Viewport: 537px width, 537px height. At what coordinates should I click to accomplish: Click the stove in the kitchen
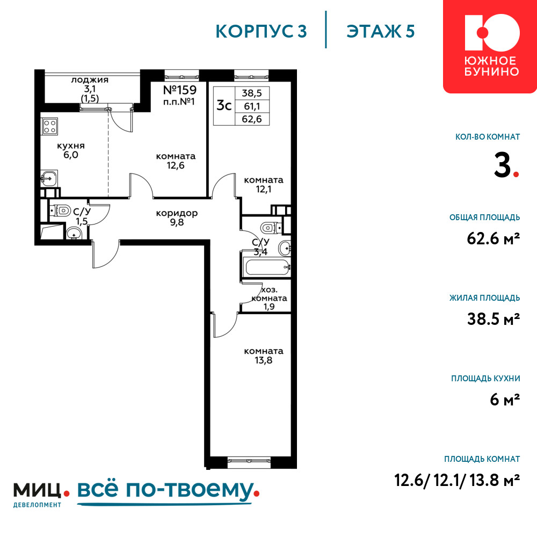coord(49,126)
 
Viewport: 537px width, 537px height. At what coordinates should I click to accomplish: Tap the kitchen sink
coord(49,178)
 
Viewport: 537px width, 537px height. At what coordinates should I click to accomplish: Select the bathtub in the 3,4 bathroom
coord(267,267)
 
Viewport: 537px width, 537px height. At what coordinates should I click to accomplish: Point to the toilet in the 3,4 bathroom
coord(271,227)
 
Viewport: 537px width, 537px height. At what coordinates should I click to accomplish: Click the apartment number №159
coord(180,90)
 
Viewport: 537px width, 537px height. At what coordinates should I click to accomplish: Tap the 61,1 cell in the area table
coord(252,106)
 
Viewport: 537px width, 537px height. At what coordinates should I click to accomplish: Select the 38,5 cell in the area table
coord(252,93)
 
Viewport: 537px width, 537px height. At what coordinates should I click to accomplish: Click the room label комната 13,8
coord(264,355)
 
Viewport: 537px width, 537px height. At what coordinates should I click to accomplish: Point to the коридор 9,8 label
coord(177,217)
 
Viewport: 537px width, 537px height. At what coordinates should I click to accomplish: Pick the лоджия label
coord(90,80)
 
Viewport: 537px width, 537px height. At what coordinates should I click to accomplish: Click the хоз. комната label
coord(269,294)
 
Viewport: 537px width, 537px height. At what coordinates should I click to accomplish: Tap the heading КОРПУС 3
coord(261,31)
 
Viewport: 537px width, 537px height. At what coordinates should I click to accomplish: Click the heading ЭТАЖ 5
coord(381,31)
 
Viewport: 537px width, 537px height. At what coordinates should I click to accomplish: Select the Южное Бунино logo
coord(490,46)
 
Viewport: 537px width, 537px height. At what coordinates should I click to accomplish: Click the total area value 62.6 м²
coord(493,238)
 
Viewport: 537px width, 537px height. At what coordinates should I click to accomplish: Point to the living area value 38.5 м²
coord(494,319)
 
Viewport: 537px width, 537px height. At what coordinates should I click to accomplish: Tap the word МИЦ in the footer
coord(38,490)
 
